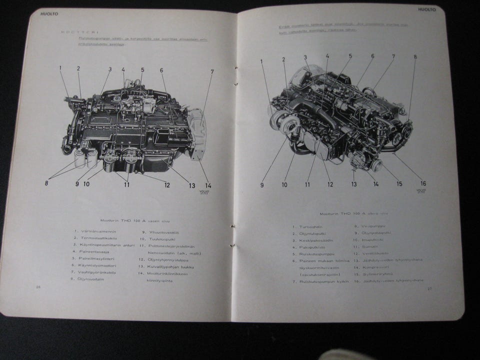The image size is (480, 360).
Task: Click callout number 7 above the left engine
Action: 211,71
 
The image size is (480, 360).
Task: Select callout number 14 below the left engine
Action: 208,185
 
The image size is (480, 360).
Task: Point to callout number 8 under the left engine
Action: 46,183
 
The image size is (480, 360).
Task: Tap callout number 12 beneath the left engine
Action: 167,184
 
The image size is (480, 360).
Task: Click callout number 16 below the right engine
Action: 423,183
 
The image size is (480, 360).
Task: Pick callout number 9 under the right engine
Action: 261,184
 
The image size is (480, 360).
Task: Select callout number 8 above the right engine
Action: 414,57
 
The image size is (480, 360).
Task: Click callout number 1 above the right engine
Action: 261,61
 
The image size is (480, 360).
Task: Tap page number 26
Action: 38,287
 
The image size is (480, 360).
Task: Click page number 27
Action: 429,289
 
